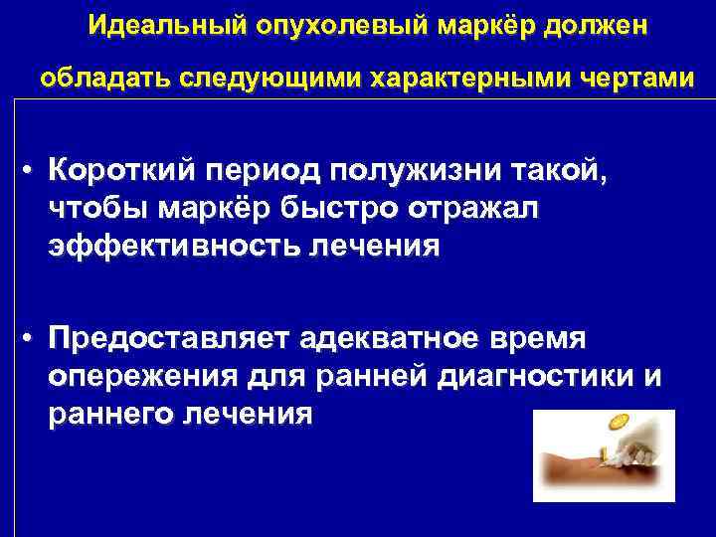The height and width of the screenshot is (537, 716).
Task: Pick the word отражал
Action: pos(476,208)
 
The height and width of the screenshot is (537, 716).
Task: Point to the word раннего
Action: pos(105,413)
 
